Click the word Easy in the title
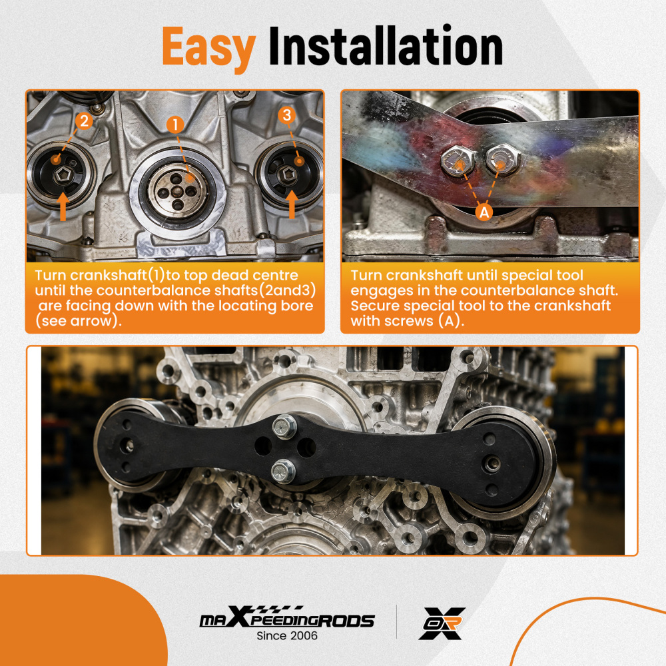[x=208, y=49]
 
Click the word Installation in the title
[x=386, y=45]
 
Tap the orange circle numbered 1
[x=175, y=125]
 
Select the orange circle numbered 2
[x=84, y=121]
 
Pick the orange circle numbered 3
[x=286, y=115]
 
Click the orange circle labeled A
[x=484, y=212]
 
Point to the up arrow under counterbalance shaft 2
[x=63, y=206]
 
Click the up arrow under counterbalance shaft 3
[x=292, y=204]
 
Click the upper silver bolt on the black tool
[x=284, y=426]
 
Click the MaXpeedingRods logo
[x=287, y=617]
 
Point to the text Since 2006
[x=287, y=636]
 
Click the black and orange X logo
[x=442, y=623]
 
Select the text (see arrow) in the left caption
[x=78, y=321]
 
